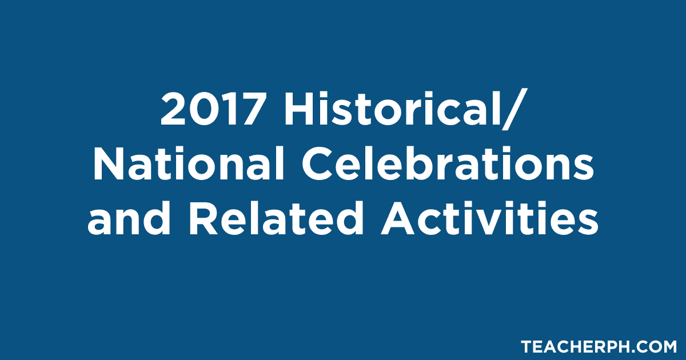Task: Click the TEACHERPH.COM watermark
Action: (598, 346)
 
